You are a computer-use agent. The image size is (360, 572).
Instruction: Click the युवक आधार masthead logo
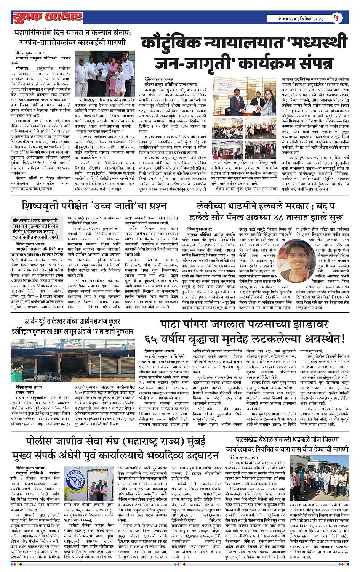[48, 17]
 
